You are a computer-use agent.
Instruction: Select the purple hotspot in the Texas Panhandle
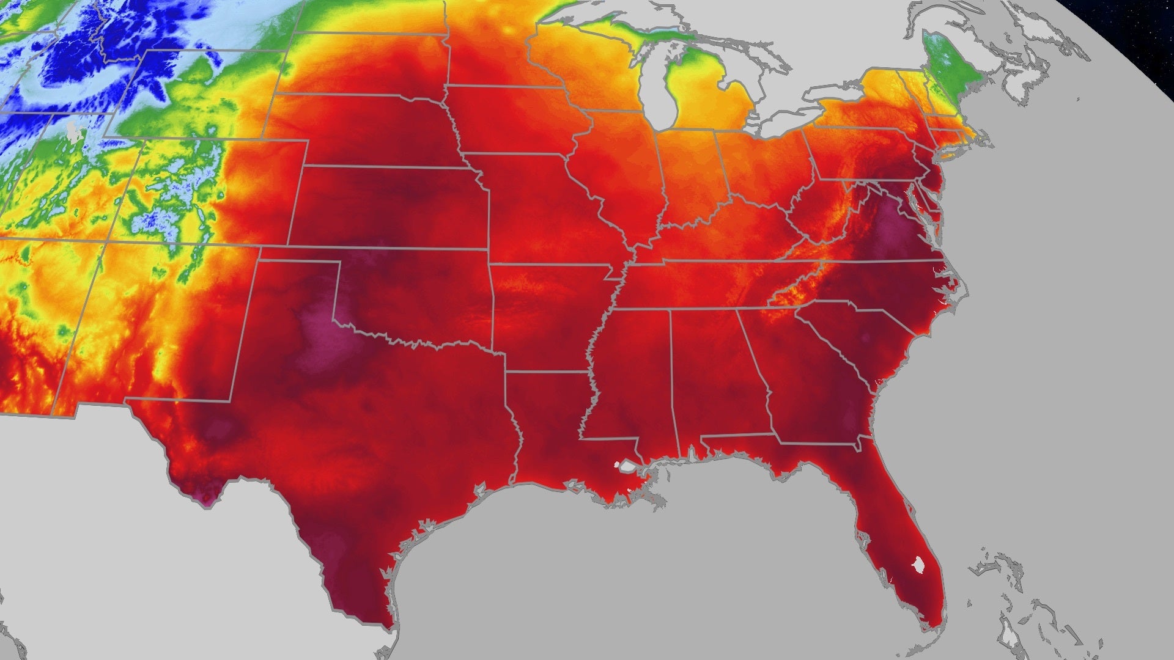pyautogui.click(x=324, y=342)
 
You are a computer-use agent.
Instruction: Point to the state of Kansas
pyautogui.click(x=391, y=208)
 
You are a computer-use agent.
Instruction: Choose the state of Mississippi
pyautogui.click(x=630, y=379)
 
